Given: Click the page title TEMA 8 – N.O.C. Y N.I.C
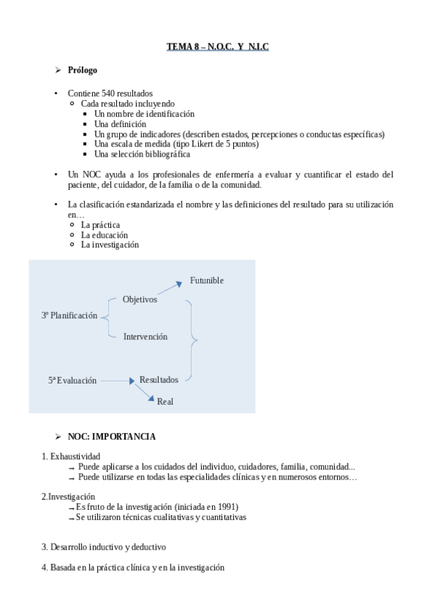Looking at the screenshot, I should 217,47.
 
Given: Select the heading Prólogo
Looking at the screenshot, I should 82,70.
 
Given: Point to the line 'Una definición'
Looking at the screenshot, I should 120,124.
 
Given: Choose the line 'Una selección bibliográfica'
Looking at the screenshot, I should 142,154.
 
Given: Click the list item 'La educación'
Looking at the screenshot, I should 105,235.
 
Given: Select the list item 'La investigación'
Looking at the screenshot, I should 110,245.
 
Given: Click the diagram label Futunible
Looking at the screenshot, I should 207,281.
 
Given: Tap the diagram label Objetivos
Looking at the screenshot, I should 139,299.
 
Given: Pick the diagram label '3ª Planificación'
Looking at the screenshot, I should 69,316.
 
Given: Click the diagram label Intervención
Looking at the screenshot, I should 145,337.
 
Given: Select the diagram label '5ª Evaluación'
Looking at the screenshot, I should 73,380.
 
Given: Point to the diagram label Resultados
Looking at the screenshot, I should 159,379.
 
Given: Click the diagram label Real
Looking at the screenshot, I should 166,401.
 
